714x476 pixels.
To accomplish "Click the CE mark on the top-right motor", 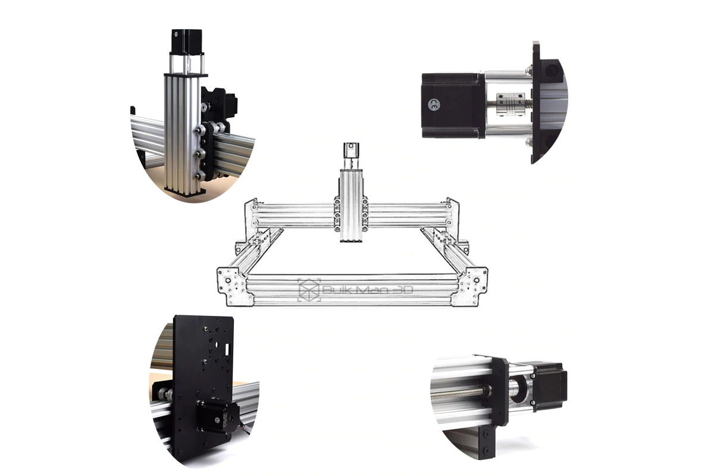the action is click(x=434, y=105).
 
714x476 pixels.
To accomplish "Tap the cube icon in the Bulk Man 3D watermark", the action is click(x=309, y=290).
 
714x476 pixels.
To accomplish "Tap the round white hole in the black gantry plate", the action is click(x=217, y=345).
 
